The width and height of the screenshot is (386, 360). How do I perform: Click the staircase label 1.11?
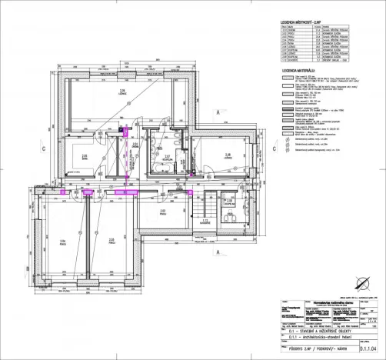[205, 221]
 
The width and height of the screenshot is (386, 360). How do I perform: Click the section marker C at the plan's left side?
[23, 148]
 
